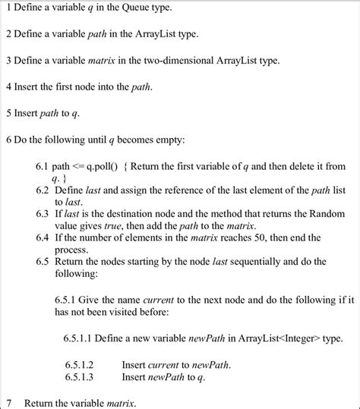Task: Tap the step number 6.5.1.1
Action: point(78,337)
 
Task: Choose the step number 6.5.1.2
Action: point(79,363)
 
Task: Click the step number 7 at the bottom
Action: point(9,401)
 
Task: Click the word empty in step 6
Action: point(163,140)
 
